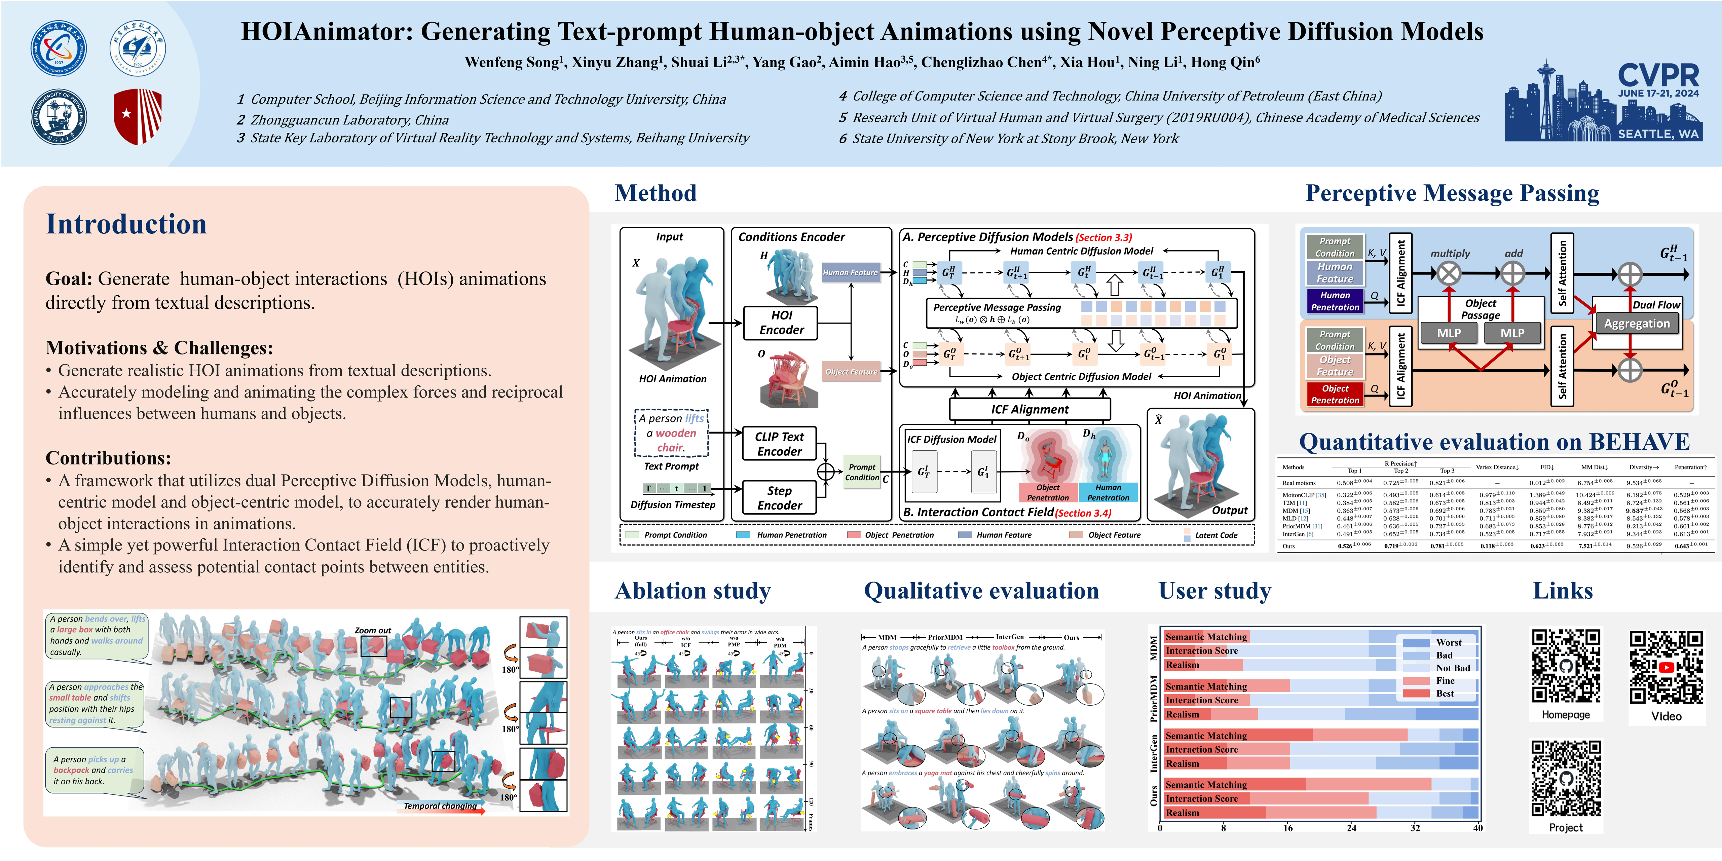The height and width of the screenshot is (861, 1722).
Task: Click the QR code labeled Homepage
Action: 1566,665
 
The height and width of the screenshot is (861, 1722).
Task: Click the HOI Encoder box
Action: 781,323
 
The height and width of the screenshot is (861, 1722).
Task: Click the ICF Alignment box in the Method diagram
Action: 1030,409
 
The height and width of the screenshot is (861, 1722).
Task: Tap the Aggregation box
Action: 1637,324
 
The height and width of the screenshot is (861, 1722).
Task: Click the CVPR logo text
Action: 1658,75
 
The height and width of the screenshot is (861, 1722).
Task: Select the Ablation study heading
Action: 692,591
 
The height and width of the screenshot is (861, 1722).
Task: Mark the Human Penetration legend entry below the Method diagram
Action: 791,535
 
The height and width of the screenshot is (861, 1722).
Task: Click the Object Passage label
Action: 1480,309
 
